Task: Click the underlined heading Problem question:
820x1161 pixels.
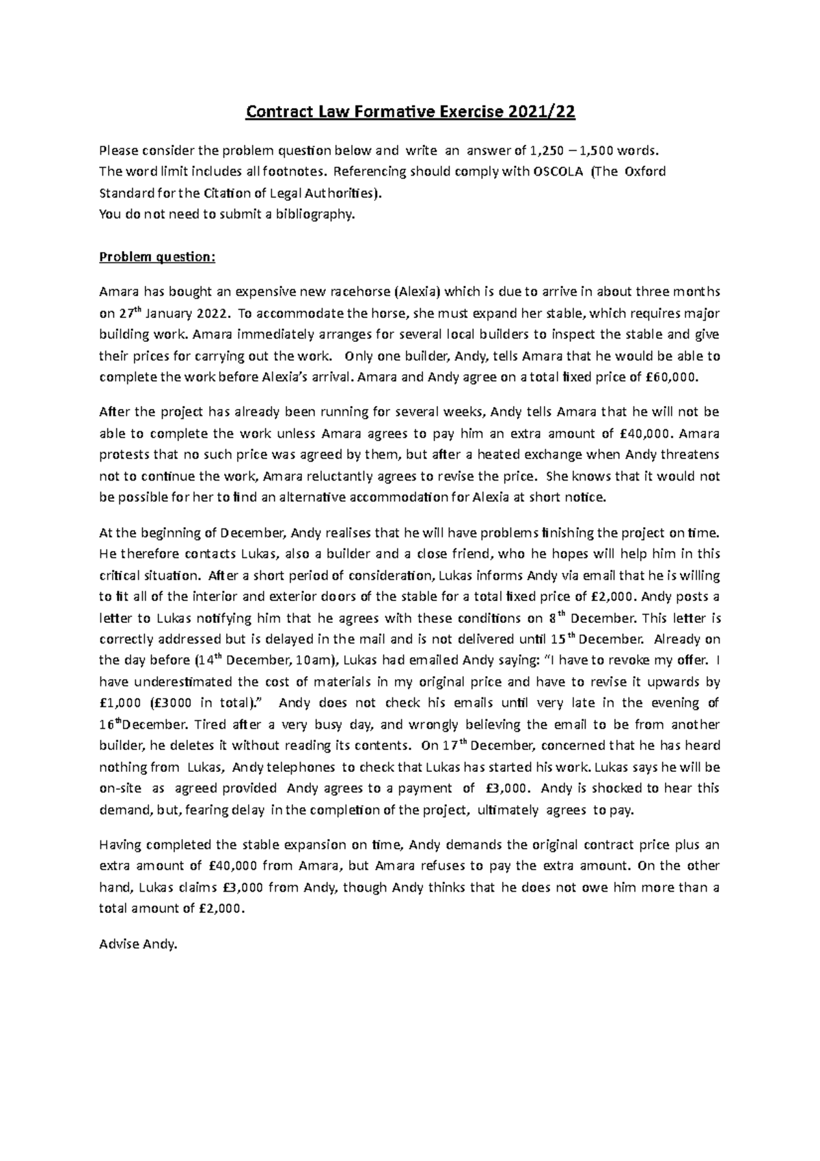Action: [x=157, y=257]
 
